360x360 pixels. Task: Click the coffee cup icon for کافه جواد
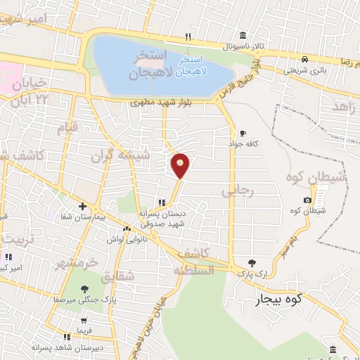[x=243, y=133]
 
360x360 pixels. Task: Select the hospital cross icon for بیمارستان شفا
[x=83, y=207]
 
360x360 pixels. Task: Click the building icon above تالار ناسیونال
[x=243, y=36]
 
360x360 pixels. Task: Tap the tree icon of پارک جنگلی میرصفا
[x=84, y=288]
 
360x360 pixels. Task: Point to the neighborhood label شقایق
[x=117, y=277]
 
